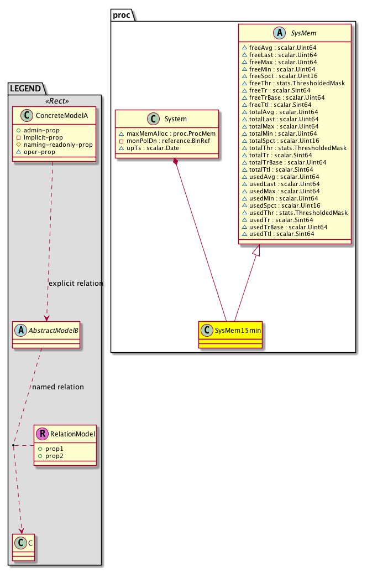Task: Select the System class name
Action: point(175,120)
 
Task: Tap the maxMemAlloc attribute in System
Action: point(167,134)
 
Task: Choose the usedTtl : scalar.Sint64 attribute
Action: point(282,234)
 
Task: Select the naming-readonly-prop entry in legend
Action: point(58,145)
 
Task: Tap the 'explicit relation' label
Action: point(76,283)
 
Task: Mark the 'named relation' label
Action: point(57,387)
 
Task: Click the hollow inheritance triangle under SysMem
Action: point(256,250)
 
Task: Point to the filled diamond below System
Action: point(175,161)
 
